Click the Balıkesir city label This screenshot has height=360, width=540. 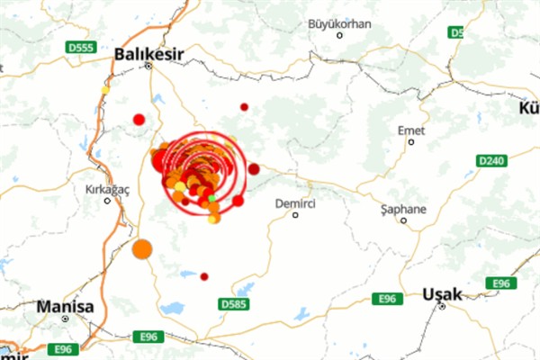coord(148,54)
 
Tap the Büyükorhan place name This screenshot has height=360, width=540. coord(339,23)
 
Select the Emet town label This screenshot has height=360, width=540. coord(411,130)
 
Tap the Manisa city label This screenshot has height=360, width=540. coord(65,307)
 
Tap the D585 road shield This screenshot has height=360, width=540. coord(233,304)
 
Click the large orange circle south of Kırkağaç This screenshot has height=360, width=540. coord(141,249)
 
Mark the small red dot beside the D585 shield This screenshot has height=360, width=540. coord(204,276)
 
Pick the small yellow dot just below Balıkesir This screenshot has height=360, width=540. coord(105,89)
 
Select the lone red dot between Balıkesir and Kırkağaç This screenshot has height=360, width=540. coord(139,119)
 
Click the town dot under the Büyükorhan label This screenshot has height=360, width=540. coord(339,36)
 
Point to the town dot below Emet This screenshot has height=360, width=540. coord(411,141)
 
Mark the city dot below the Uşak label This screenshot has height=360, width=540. coord(443,306)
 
